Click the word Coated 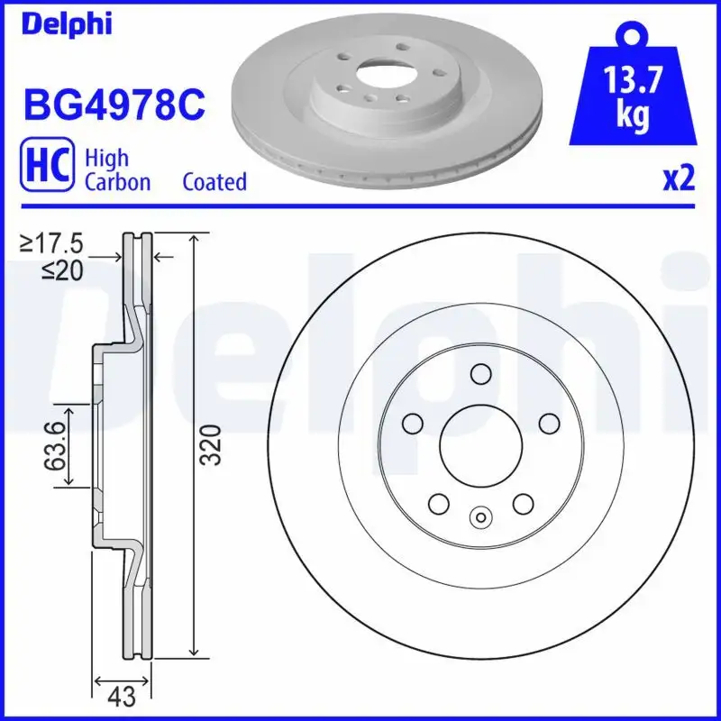[x=214, y=181]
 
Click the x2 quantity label [x=680, y=179]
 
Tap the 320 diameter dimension [x=209, y=445]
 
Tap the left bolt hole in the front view [x=412, y=423]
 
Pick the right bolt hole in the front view [x=548, y=423]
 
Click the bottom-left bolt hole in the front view [x=438, y=504]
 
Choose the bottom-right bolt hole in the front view [x=522, y=504]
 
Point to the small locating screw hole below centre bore [x=479, y=517]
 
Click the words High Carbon [x=117, y=169]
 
